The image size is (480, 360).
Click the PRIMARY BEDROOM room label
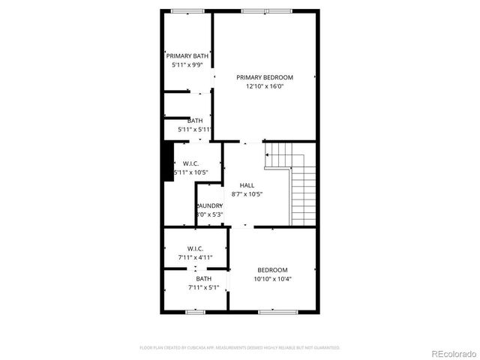pos(265,77)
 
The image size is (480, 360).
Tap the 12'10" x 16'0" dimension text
pos(265,86)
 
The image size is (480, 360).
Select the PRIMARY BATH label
pos(187,56)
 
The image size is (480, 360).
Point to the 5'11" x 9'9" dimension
pos(187,65)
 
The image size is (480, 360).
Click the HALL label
pos(247,185)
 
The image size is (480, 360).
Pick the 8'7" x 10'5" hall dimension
pos(247,194)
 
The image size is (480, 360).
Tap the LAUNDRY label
pos(209,205)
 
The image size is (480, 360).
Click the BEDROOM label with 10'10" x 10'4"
pos(272,270)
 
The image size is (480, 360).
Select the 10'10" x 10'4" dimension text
pos(272,279)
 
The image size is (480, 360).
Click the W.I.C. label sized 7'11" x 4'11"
pos(195,249)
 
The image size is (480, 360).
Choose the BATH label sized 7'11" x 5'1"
pos(194,279)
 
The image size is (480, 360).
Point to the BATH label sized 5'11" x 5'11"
pos(195,121)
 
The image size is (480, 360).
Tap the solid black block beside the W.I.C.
pos(168,160)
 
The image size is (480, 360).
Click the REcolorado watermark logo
pos(451,354)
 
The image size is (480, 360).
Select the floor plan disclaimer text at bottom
pos(240,348)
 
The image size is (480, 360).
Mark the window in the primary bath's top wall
pos(181,10)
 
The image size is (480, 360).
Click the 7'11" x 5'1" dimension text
pos(194,287)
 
